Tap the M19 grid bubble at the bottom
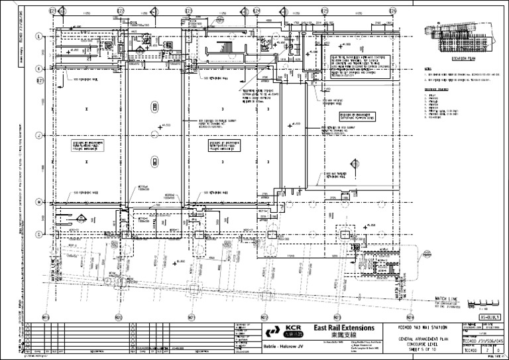point(45,317)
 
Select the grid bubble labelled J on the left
point(39,136)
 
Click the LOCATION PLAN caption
point(463,58)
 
